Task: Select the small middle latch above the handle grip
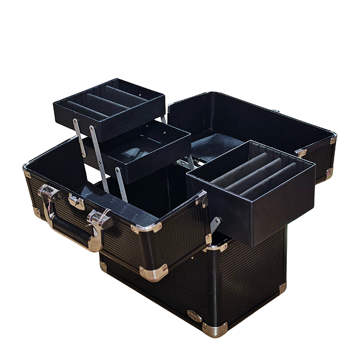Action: tap(76, 202)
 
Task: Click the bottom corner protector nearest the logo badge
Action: tap(215, 329)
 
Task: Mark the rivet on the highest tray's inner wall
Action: tap(139, 94)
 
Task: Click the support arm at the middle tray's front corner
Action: tap(121, 183)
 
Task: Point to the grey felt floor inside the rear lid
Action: tap(210, 144)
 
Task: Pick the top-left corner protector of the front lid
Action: tap(26, 172)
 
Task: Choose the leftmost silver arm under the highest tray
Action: tap(77, 135)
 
